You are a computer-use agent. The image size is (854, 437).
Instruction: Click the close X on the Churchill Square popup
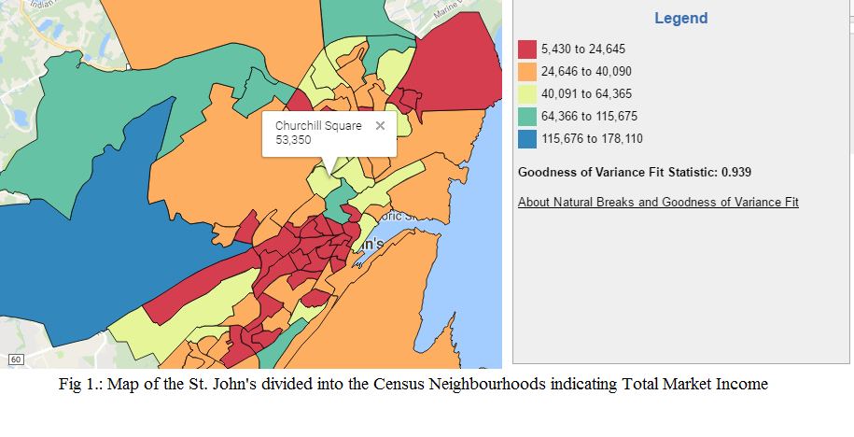coord(380,125)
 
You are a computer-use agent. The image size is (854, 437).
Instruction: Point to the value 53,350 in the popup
coord(294,140)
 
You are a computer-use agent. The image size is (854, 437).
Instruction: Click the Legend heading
coord(680,19)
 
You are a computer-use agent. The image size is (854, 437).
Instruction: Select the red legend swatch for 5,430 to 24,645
coord(527,49)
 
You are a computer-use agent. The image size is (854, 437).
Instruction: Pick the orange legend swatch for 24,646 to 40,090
coord(527,72)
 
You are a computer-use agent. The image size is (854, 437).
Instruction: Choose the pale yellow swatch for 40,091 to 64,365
coord(527,94)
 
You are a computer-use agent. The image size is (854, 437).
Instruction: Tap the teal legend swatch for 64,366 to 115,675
coord(527,117)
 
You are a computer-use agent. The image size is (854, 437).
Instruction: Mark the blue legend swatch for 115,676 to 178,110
coord(527,139)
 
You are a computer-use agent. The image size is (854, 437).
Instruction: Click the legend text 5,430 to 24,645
coord(583,49)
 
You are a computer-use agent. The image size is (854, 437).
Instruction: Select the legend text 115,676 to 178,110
coord(592,139)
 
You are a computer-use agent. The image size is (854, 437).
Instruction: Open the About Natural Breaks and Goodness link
coord(658,203)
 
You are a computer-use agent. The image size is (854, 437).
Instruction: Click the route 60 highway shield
coord(15,359)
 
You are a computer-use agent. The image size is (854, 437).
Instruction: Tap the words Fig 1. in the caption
coord(79,384)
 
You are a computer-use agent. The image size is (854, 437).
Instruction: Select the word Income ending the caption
coord(742,384)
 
